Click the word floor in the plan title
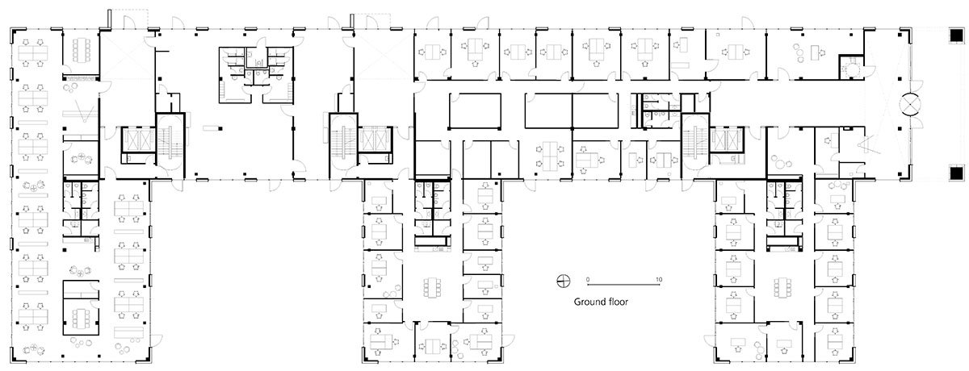click(x=619, y=302)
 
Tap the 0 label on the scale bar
click(x=589, y=279)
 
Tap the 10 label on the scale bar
click(x=660, y=279)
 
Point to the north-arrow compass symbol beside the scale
click(x=563, y=281)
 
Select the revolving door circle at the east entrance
click(x=911, y=106)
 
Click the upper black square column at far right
click(x=955, y=37)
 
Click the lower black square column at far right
click(x=955, y=173)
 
